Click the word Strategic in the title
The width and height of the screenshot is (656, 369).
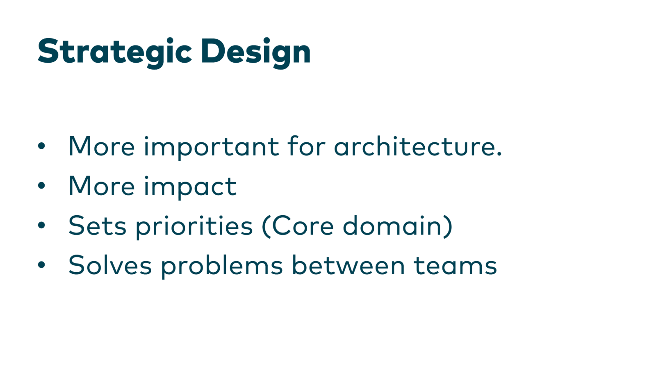point(114,52)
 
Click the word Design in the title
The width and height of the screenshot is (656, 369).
point(255,52)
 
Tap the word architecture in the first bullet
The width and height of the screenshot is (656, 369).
point(417,146)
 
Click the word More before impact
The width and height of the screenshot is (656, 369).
point(102,186)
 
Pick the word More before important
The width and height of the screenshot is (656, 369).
point(102,146)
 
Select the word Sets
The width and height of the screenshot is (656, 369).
point(97,226)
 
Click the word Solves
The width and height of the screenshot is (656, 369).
point(110,265)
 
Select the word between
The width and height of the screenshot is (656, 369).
point(348,265)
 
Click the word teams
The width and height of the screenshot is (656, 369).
point(455,266)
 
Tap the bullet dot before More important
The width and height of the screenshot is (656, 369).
point(41,146)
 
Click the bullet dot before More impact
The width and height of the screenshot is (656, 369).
point(41,186)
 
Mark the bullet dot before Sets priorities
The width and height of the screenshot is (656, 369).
point(41,225)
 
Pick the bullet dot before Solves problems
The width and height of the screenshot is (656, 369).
point(41,265)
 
